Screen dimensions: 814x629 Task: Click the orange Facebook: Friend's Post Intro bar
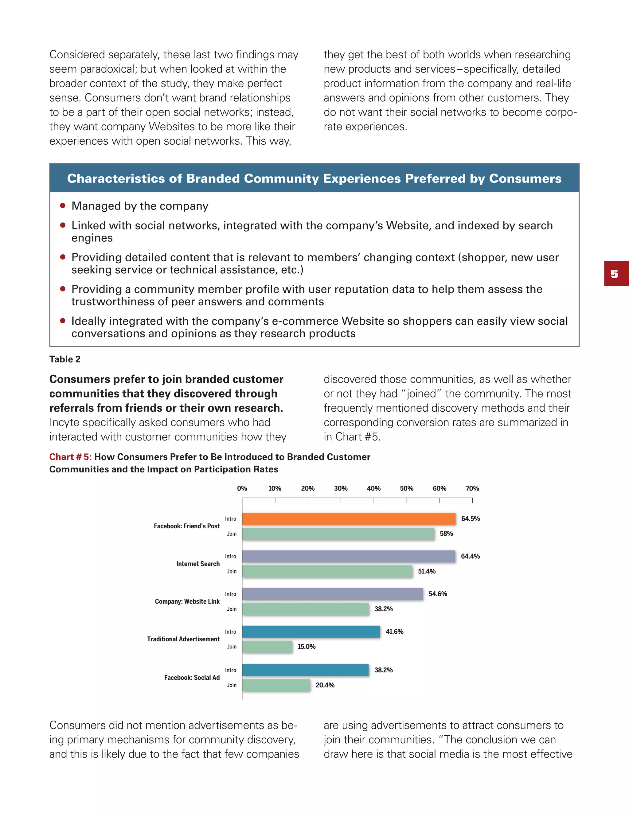(349, 519)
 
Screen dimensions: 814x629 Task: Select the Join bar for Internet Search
(327, 571)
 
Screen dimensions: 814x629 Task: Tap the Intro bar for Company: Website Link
(332, 594)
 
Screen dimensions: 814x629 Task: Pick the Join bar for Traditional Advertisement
(267, 647)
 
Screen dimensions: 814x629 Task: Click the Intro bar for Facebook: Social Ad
(305, 670)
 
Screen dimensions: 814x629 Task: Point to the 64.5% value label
(470, 519)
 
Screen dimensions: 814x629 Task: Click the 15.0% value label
(306, 647)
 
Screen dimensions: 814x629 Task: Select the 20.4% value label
(325, 685)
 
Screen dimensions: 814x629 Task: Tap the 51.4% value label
(427, 571)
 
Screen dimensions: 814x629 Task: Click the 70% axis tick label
(472, 488)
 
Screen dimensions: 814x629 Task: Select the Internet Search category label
(198, 564)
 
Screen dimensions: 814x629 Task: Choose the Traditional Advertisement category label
(183, 639)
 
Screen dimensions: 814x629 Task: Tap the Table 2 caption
(65, 359)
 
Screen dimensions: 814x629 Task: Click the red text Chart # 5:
(70, 457)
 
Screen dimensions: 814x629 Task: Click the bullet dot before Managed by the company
(63, 206)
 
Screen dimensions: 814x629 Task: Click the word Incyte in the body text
(64, 423)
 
